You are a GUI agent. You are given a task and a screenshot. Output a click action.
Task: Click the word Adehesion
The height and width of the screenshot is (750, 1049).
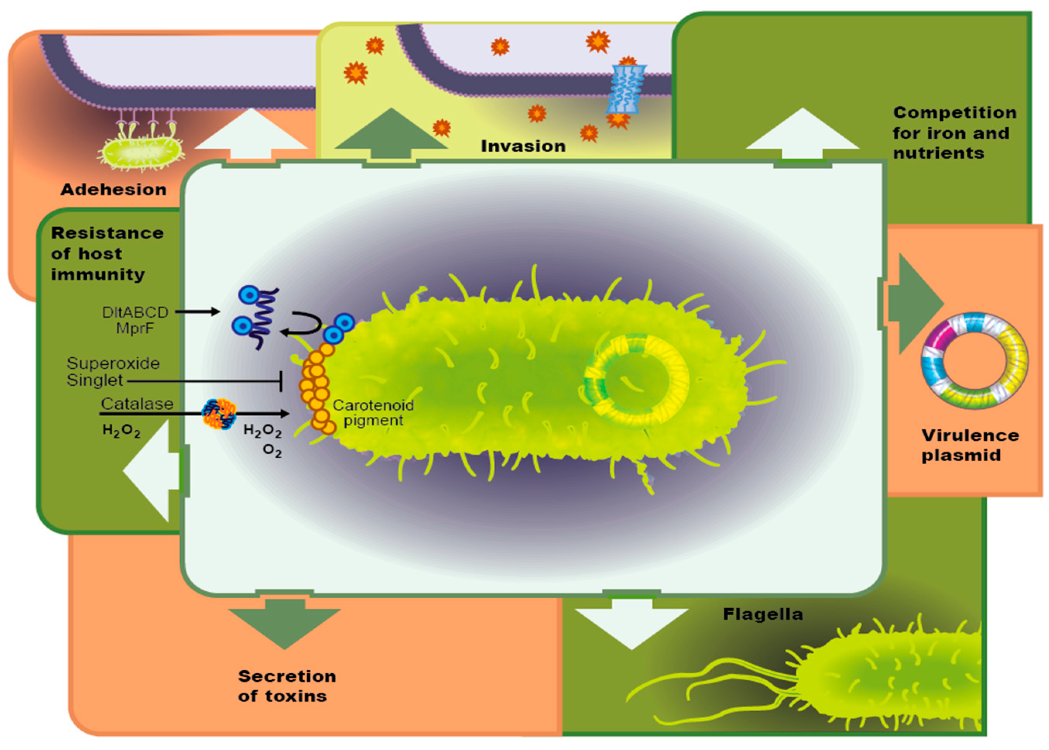113,189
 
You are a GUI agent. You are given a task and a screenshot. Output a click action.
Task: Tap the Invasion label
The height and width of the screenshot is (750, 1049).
523,146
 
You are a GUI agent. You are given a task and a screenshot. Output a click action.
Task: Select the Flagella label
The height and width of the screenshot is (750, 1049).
762,614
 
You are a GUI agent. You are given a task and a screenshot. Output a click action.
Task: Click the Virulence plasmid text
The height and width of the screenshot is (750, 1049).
970,445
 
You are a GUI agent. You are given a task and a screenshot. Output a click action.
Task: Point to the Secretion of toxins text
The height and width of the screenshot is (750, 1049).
287,686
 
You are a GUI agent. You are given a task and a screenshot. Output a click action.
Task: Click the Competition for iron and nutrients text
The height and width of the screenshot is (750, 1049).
954,132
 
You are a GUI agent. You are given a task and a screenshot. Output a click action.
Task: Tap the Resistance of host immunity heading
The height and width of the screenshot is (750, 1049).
107,254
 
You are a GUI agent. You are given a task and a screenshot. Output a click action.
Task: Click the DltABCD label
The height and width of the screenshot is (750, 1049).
135,312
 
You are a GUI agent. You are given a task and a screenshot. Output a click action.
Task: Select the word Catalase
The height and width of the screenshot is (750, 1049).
137,404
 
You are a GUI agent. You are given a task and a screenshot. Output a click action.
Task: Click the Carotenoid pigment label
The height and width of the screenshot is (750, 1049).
373,413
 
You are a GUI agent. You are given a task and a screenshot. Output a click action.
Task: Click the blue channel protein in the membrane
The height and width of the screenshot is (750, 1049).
626,89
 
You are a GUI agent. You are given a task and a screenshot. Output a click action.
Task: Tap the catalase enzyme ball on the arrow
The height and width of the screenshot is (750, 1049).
219,414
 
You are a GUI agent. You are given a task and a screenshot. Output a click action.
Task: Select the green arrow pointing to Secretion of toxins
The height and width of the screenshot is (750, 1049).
284,623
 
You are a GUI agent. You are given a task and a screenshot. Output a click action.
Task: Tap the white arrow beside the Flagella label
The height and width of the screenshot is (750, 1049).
631,623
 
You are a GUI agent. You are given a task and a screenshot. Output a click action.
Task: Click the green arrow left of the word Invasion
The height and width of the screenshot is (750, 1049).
391,134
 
